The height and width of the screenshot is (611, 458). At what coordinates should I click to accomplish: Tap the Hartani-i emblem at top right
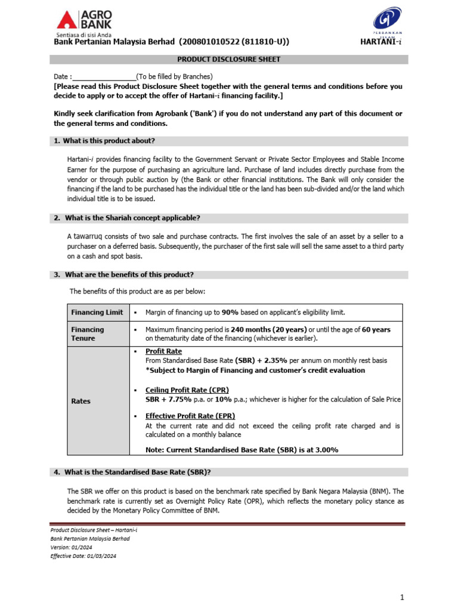[x=386, y=21]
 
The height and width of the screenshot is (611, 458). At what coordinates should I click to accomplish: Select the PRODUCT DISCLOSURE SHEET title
[x=228, y=60]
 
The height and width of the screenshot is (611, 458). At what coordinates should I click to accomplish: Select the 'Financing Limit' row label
[x=97, y=312]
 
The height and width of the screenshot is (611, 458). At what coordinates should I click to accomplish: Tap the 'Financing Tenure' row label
[x=88, y=334]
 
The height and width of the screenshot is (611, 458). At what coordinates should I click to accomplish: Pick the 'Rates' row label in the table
[x=81, y=401]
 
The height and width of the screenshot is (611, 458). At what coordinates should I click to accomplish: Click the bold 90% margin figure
[x=230, y=313]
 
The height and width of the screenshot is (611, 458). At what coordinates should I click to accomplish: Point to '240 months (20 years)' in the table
[x=268, y=329]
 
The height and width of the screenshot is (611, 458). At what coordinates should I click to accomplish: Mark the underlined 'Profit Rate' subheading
[x=164, y=351]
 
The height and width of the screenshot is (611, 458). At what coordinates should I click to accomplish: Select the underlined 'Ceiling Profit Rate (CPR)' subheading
[x=187, y=390]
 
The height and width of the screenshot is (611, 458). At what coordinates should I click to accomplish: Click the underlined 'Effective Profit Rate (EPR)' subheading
[x=190, y=416]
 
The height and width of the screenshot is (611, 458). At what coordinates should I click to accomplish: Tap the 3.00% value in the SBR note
[x=326, y=450]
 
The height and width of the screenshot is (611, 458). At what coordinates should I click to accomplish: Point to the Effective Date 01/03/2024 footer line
[x=83, y=556]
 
